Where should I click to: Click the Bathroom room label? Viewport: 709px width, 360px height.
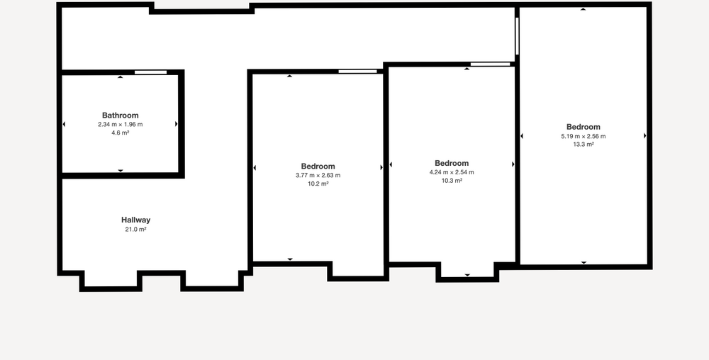(121, 116)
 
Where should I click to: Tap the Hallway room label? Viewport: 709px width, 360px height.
(135, 220)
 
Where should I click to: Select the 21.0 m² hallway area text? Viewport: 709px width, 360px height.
(135, 230)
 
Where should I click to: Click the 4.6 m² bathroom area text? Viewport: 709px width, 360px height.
(121, 133)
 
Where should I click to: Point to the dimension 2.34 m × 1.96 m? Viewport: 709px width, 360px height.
(121, 124)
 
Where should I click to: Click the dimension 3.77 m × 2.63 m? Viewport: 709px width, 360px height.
(318, 175)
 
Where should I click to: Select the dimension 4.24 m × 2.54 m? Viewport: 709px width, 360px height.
(452, 172)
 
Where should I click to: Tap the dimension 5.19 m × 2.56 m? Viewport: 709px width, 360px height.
(584, 136)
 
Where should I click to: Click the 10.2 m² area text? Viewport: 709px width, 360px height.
(318, 184)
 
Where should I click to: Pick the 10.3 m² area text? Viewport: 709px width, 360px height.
(452, 181)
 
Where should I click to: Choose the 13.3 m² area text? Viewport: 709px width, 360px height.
(584, 145)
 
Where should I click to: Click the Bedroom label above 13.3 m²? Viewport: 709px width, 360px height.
(584, 127)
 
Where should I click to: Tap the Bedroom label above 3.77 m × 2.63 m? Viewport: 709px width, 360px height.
(318, 167)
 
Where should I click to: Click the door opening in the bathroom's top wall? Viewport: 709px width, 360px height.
(150, 72)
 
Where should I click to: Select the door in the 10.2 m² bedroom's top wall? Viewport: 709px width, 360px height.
(357, 72)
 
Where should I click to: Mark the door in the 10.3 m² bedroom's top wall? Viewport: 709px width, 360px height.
(490, 64)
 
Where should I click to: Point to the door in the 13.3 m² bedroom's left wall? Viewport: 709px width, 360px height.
(518, 36)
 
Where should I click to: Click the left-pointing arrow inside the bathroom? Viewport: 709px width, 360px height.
(64, 124)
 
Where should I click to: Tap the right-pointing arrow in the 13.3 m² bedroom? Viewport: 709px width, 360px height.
(644, 135)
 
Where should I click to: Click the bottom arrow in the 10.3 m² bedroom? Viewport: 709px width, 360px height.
(467, 275)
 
